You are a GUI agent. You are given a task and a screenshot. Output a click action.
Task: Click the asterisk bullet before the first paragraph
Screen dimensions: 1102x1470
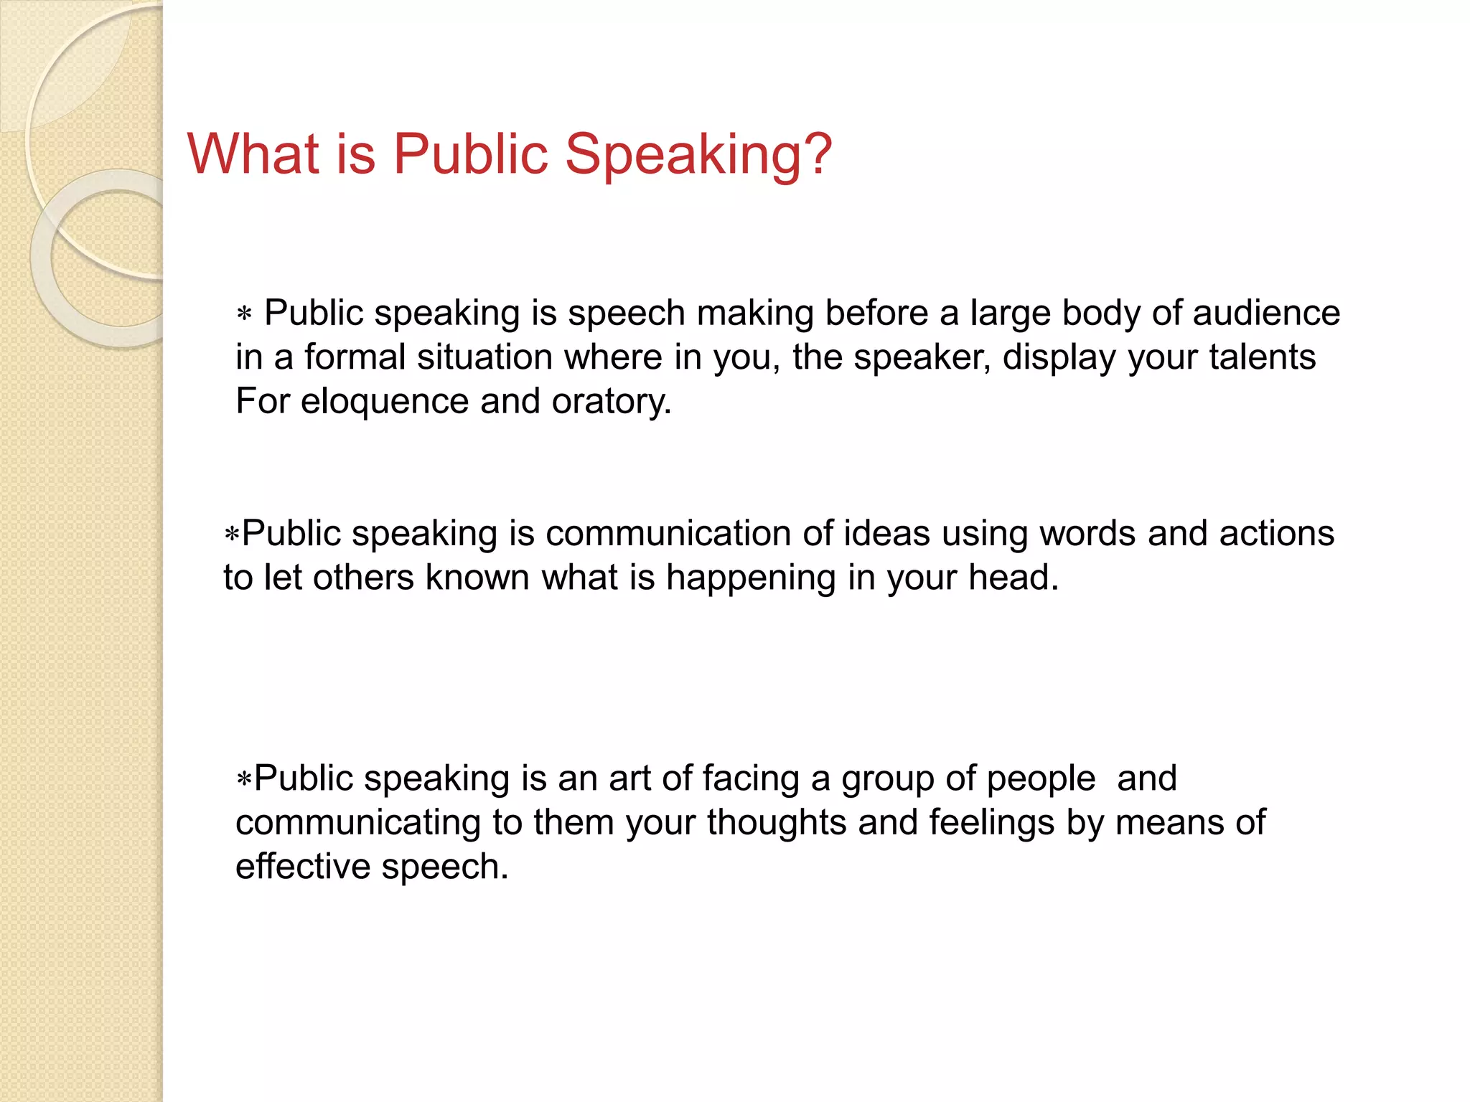244,314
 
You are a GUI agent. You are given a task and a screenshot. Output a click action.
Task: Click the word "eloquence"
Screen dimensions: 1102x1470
384,402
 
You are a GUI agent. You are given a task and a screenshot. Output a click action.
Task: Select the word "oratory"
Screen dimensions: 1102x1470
611,402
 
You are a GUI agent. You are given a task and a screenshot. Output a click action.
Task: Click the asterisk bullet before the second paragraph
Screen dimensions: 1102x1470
231,534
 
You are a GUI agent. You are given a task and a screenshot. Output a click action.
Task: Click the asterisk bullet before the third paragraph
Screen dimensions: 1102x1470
244,779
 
